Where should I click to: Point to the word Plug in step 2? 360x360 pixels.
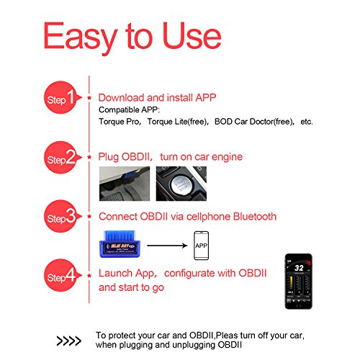(109, 157)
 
